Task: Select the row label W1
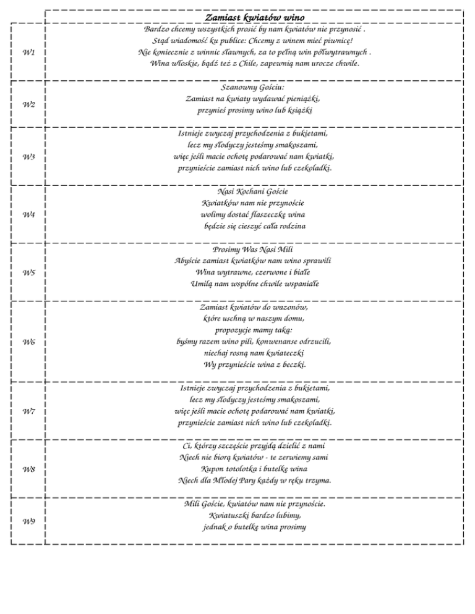tap(28, 53)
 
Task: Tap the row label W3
tap(28, 157)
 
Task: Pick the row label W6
tap(28, 342)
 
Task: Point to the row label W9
tap(28, 521)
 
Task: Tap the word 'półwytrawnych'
tap(339, 53)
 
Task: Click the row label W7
tap(28, 411)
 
